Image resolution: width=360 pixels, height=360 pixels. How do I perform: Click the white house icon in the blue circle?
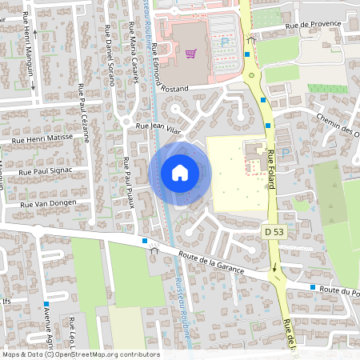179,173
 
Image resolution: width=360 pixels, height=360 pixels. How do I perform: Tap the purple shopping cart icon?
190,54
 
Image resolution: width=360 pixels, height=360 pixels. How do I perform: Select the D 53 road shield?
274,231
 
